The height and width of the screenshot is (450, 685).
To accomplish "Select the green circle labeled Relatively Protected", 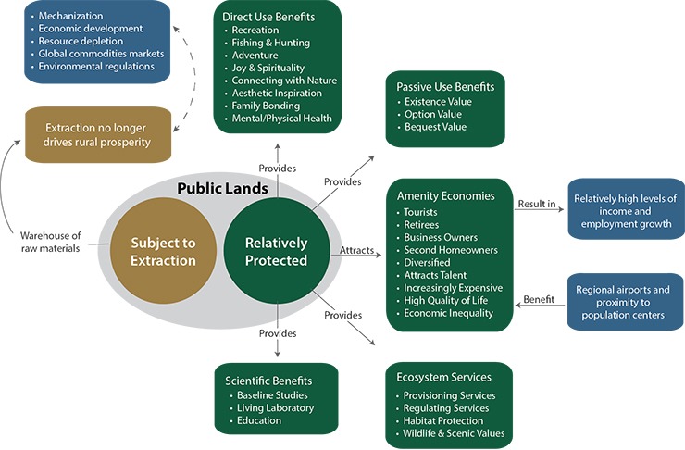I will pos(275,251).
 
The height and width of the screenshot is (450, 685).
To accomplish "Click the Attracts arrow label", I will pos(356,251).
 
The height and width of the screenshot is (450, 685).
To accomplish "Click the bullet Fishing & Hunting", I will pos(271,43).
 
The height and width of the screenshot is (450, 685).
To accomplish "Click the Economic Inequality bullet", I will pos(448,313).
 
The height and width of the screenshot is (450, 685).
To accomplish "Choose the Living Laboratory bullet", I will pos(275,407).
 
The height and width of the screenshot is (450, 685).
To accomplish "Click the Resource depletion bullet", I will pos(90,41).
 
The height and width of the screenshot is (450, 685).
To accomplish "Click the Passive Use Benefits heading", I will pos(445,87).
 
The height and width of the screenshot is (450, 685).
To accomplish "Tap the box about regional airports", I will pos(626,302).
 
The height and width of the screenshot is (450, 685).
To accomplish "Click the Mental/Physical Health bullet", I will pos(280,119).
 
